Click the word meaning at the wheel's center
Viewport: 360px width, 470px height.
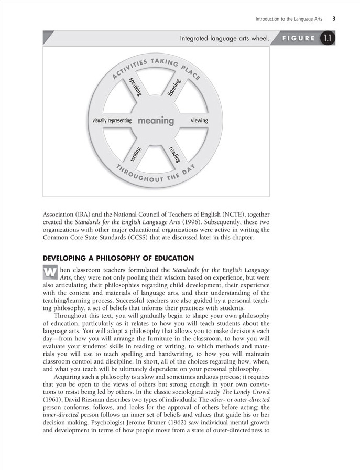(156, 121)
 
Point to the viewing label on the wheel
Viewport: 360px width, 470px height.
(199, 121)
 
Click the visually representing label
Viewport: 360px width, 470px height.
(112, 121)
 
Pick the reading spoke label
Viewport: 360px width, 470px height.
(174, 154)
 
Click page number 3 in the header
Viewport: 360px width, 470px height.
(334, 19)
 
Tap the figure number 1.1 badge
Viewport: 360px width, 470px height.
(327, 38)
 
